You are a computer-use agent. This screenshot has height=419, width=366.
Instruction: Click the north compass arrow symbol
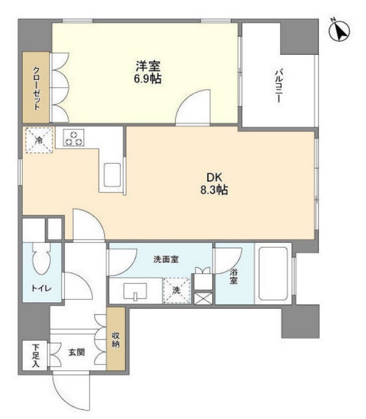tap(339, 30)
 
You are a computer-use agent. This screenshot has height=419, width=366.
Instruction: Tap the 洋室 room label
tap(148, 66)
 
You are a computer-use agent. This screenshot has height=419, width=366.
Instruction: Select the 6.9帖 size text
tap(148, 79)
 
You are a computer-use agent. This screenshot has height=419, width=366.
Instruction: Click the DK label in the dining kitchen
tap(214, 178)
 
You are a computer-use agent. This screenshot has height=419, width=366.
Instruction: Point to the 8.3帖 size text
tap(214, 190)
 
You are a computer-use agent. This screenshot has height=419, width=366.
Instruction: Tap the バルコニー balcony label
tap(279, 86)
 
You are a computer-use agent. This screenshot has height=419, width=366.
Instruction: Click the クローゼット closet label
tap(36, 88)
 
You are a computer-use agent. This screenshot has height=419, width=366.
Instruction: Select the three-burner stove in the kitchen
tap(74, 138)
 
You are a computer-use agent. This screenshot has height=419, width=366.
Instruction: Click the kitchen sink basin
tap(112, 175)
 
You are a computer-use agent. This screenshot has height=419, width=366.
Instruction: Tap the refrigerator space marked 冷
tap(39, 140)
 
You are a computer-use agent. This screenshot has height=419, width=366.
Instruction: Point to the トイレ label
tap(42, 288)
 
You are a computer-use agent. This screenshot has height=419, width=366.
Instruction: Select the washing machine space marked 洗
tap(176, 290)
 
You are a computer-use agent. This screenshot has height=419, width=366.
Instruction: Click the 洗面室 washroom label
tap(166, 259)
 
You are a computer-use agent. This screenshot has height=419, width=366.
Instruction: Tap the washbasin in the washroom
tap(135, 291)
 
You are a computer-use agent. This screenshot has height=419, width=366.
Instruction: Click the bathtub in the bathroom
tap(273, 274)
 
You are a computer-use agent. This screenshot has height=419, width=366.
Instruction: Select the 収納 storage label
tap(116, 339)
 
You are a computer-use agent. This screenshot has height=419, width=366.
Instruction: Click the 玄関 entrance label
tap(76, 352)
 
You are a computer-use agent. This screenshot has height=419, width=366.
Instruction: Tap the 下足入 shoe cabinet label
tap(35, 355)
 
